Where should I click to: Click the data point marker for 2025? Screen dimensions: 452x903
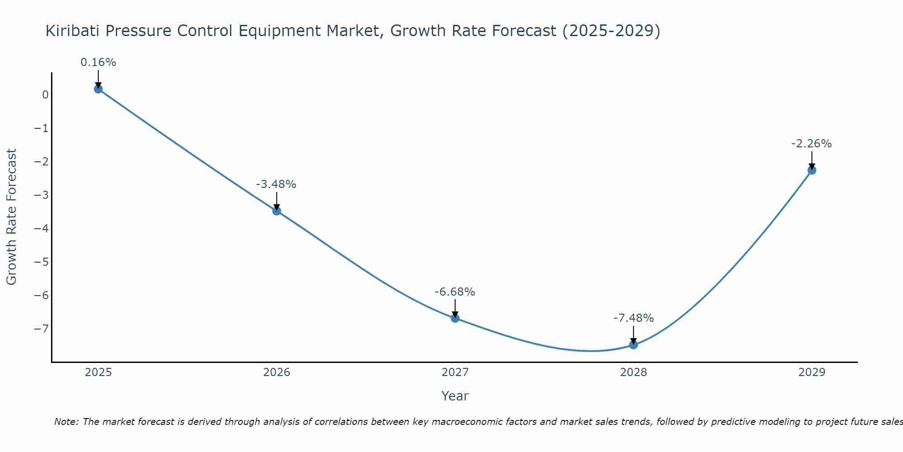pos(98,89)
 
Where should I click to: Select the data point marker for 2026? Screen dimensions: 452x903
pos(277,211)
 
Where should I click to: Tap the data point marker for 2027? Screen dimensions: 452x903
pos(455,318)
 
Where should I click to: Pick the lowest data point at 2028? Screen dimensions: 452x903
pos(633,345)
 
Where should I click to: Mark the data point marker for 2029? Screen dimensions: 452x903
pos(812,170)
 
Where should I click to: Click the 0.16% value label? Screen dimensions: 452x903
pos(98,62)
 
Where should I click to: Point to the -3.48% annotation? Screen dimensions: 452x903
pos(276,184)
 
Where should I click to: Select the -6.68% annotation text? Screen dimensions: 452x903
pos(455,292)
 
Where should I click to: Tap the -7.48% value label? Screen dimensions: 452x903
pos(633,318)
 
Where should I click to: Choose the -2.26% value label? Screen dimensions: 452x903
pos(811,144)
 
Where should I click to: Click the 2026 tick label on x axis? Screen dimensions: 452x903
pos(277,372)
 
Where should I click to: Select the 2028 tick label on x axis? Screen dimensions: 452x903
pos(633,372)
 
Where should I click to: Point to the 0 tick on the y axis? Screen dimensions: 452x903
pos(45,95)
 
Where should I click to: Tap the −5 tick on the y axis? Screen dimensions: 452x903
pos(42,262)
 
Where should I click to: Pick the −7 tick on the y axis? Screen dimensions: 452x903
pos(42,329)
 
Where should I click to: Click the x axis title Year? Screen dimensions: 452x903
pos(455,396)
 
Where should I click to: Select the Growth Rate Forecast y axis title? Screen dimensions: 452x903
pos(11,217)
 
